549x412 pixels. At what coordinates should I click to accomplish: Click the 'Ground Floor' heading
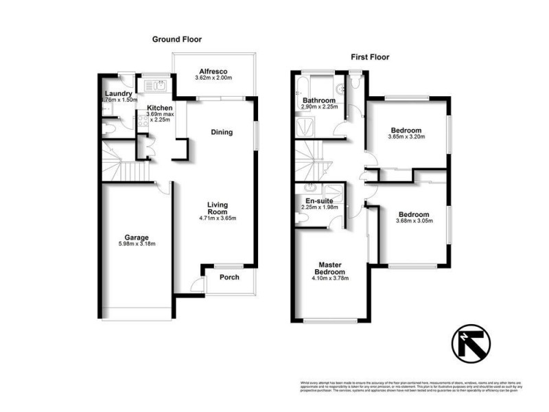coord(177,40)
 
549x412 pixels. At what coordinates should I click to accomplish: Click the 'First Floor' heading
coord(371,58)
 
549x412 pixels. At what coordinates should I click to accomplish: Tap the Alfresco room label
coord(213,71)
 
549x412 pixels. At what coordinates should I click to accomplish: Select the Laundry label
coord(118,94)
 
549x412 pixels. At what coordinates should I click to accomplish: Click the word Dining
coord(222,133)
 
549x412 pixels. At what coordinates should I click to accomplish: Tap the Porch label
coord(229,277)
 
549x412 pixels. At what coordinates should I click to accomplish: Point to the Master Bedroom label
coord(331,268)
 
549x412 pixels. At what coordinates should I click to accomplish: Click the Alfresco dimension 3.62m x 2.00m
coord(213,78)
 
